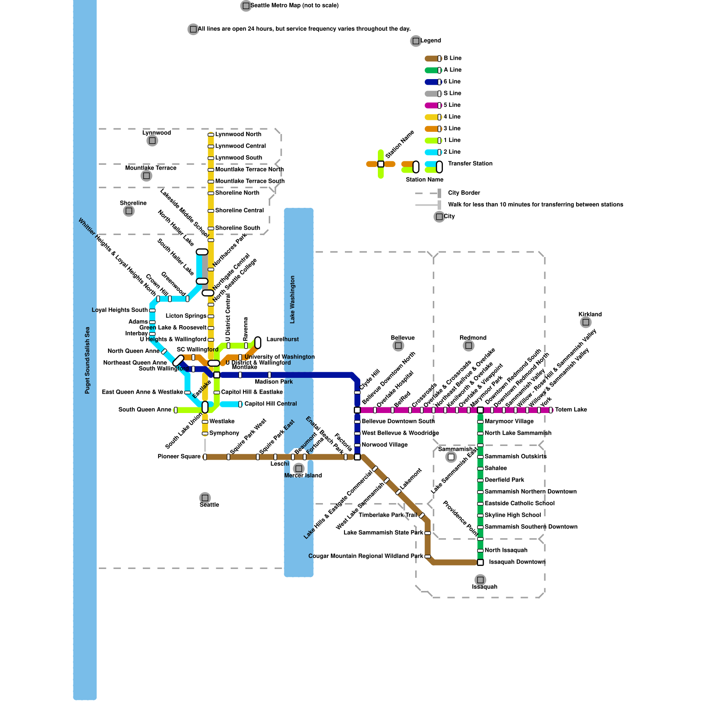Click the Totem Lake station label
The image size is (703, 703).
click(571, 409)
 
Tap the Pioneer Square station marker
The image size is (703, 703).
click(205, 457)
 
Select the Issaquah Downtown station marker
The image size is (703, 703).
click(480, 562)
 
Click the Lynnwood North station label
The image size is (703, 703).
click(238, 134)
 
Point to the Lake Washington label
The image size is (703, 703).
click(293, 299)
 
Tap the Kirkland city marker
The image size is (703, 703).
click(586, 323)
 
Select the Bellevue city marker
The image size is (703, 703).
click(398, 346)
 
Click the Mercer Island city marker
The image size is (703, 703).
click(299, 468)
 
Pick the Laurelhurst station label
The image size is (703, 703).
click(283, 339)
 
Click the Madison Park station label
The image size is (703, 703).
click(273, 382)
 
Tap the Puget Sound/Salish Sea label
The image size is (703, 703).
click(87, 360)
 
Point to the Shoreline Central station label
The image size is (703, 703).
click(239, 210)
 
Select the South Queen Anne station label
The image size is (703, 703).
click(145, 409)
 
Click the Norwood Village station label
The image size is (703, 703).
click(384, 445)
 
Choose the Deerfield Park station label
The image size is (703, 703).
click(504, 480)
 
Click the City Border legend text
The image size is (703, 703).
click(464, 193)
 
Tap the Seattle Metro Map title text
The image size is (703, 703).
click(294, 6)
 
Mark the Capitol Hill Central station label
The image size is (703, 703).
click(271, 404)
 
